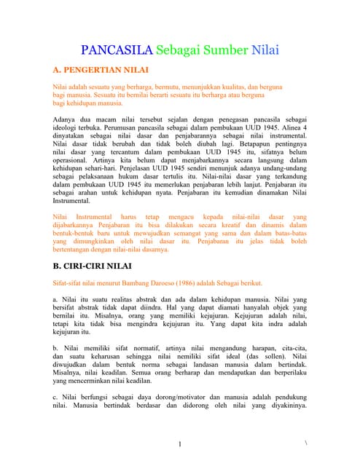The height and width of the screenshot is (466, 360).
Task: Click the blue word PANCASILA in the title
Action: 115,51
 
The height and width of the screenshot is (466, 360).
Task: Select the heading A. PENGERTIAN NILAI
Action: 101,71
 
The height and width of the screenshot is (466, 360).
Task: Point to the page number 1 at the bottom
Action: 180,443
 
